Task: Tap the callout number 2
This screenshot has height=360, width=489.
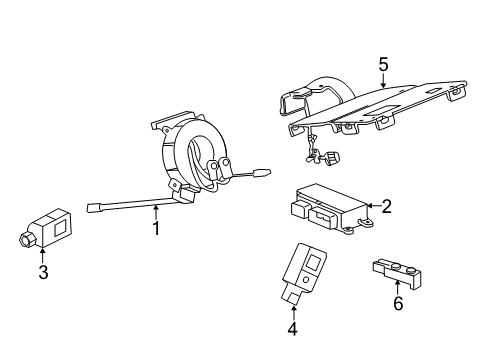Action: click(385, 207)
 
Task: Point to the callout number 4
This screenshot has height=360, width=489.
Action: click(292, 328)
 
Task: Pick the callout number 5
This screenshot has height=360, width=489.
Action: click(383, 64)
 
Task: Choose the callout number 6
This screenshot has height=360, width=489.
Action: click(397, 301)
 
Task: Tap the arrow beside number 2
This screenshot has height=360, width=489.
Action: click(369, 207)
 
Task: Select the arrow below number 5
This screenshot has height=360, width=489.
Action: click(383, 82)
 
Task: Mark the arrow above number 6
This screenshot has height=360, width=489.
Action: click(397, 284)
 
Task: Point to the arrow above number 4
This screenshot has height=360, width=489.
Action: click(292, 309)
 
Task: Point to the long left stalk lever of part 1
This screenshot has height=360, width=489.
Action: click(120, 208)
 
